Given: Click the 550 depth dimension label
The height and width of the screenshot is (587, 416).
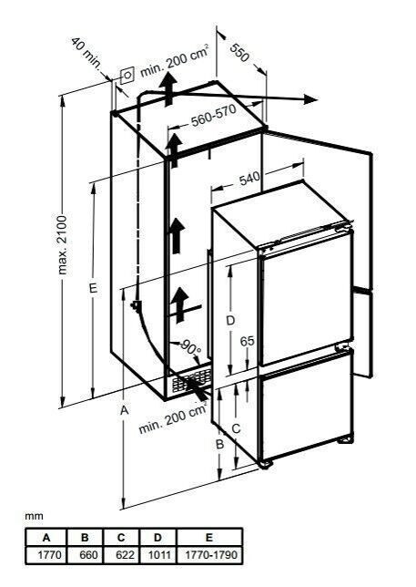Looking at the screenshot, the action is click(239, 53).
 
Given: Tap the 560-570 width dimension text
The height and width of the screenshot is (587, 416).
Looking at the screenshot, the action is click(214, 116).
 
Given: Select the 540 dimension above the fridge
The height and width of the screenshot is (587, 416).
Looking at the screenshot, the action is click(249, 179).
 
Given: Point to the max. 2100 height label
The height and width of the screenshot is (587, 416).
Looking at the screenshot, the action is click(63, 245).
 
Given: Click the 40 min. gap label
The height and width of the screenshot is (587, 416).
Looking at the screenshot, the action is click(86, 53).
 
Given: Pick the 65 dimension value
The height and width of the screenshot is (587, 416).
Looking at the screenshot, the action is click(247, 341).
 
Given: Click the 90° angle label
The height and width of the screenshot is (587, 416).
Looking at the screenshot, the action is click(191, 348).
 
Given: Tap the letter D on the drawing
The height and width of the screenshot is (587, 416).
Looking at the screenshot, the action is click(230, 321).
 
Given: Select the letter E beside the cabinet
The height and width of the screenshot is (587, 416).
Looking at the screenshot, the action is click(93, 288).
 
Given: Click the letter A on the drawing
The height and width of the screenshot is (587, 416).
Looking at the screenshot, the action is click(124, 410).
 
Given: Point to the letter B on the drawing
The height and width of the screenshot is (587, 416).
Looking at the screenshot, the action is click(219, 444).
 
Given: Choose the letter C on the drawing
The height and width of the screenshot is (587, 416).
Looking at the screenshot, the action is click(236, 428).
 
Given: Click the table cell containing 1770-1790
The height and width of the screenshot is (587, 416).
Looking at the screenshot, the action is click(209, 555).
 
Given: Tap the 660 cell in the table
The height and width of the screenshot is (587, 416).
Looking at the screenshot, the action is click(88, 555).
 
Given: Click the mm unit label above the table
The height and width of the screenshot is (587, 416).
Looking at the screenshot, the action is click(34, 516).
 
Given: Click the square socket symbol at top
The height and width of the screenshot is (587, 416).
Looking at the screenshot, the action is click(127, 76).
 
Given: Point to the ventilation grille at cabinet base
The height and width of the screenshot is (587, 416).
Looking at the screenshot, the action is click(191, 381).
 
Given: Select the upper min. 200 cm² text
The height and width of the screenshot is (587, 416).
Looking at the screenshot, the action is click(174, 61).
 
